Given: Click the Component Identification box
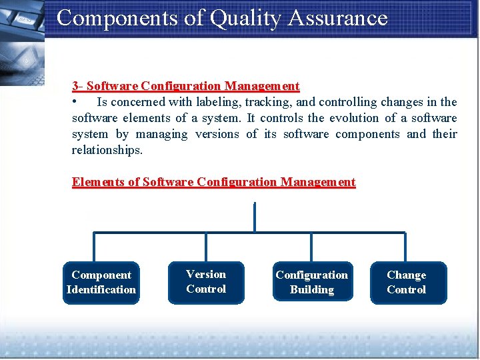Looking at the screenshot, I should pos(101,283).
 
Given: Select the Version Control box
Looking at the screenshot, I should pos(206,282).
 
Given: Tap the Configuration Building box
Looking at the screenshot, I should pos(311,283).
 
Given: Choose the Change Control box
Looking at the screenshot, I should pos(407,283).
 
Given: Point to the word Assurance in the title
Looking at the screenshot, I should pos(338,18).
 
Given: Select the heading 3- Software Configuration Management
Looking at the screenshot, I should pos(186,86).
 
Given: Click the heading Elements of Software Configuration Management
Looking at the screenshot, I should pos(213,182).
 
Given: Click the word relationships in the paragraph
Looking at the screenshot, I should pos(107,150).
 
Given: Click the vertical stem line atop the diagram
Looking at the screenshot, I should pos(255,217).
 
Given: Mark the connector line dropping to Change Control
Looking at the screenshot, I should pos(405,247).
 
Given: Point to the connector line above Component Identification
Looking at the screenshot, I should pos(94,247).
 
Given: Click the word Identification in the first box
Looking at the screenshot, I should pos(101,290).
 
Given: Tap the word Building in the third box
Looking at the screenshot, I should pos(311,290).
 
